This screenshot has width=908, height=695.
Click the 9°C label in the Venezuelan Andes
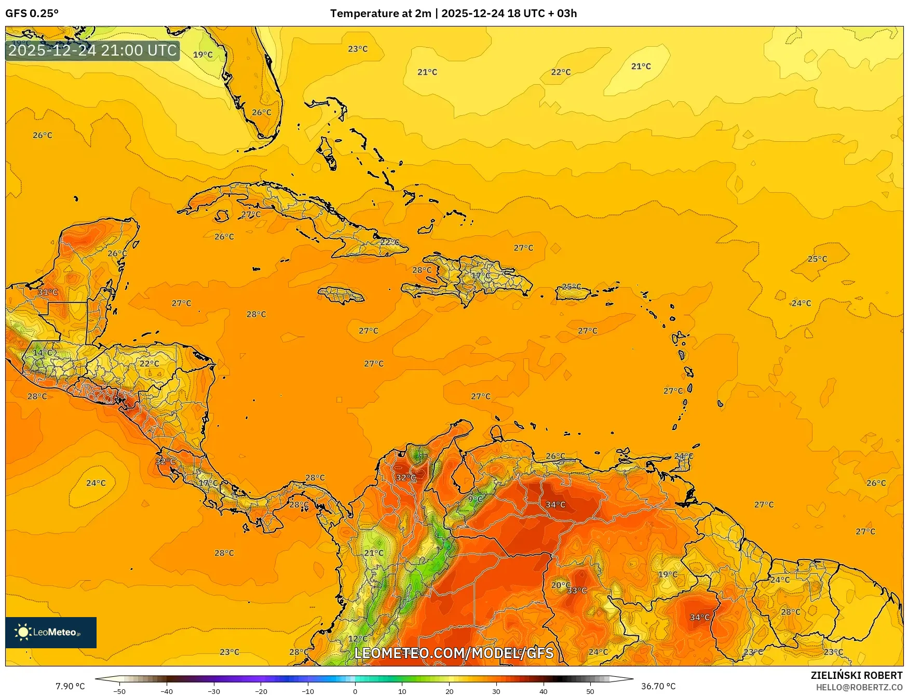tap(475, 499)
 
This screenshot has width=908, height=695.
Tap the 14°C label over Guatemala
tap(43, 353)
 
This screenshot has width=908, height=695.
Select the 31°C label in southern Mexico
tap(48, 292)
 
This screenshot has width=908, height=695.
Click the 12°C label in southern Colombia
tap(358, 639)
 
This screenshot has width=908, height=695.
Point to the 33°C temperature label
tap(577, 591)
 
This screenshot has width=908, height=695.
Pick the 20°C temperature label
tap(561, 585)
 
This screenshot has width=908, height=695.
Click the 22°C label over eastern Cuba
tap(389, 242)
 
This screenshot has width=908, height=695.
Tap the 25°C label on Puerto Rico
tap(572, 287)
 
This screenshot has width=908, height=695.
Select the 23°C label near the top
tap(358, 49)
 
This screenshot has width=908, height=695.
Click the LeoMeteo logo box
tap(51, 632)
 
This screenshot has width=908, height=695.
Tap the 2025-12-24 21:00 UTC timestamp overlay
tap(92, 50)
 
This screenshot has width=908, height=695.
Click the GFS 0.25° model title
tap(32, 14)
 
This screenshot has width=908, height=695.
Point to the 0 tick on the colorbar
tap(355, 691)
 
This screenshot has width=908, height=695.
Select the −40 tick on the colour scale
tap(167, 691)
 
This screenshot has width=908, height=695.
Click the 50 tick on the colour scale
tap(590, 691)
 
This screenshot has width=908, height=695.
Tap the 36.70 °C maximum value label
tap(658, 686)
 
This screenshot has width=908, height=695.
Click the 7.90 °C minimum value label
tap(70, 686)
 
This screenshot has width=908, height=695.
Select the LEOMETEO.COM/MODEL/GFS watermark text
tap(454, 653)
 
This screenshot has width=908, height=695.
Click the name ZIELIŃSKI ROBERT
tap(857, 675)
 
